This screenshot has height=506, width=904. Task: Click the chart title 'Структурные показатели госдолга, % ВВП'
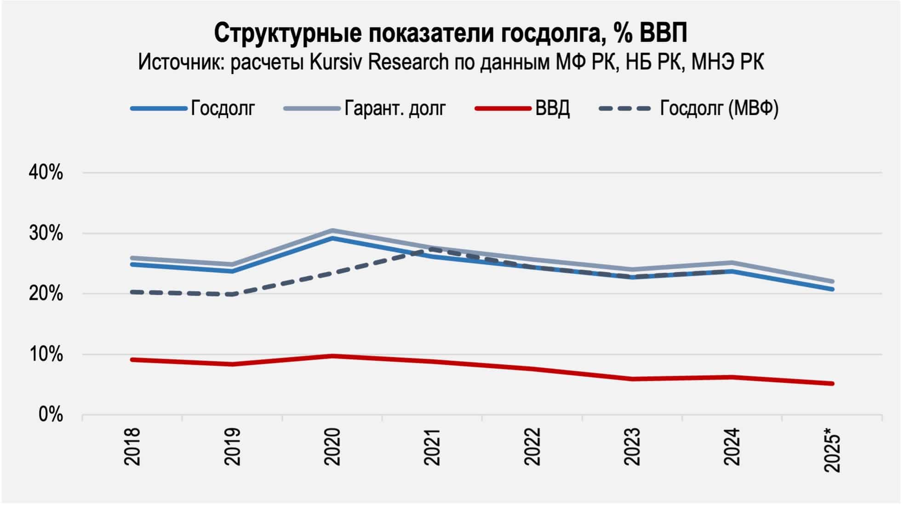point(451,33)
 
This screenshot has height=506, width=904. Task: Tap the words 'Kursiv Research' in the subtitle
point(379,62)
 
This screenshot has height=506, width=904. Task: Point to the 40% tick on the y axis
point(46,173)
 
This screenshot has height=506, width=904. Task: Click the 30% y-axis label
point(46,234)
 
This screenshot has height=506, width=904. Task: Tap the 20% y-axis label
point(46,294)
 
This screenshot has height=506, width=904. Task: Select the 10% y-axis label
point(46,355)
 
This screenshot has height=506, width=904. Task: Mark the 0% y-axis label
point(50,415)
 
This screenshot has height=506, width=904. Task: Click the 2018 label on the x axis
point(132,447)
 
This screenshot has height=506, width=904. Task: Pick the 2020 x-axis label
point(332,447)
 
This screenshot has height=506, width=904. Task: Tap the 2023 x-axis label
point(632,447)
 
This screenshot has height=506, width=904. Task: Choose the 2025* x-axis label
point(833,449)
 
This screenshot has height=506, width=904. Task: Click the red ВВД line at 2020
point(332,356)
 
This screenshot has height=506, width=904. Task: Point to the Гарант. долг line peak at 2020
point(332,230)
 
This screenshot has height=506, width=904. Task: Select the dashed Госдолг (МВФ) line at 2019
point(233,294)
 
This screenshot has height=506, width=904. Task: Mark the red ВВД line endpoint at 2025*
point(832,383)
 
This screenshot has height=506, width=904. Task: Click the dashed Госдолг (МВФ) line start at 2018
point(132,292)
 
